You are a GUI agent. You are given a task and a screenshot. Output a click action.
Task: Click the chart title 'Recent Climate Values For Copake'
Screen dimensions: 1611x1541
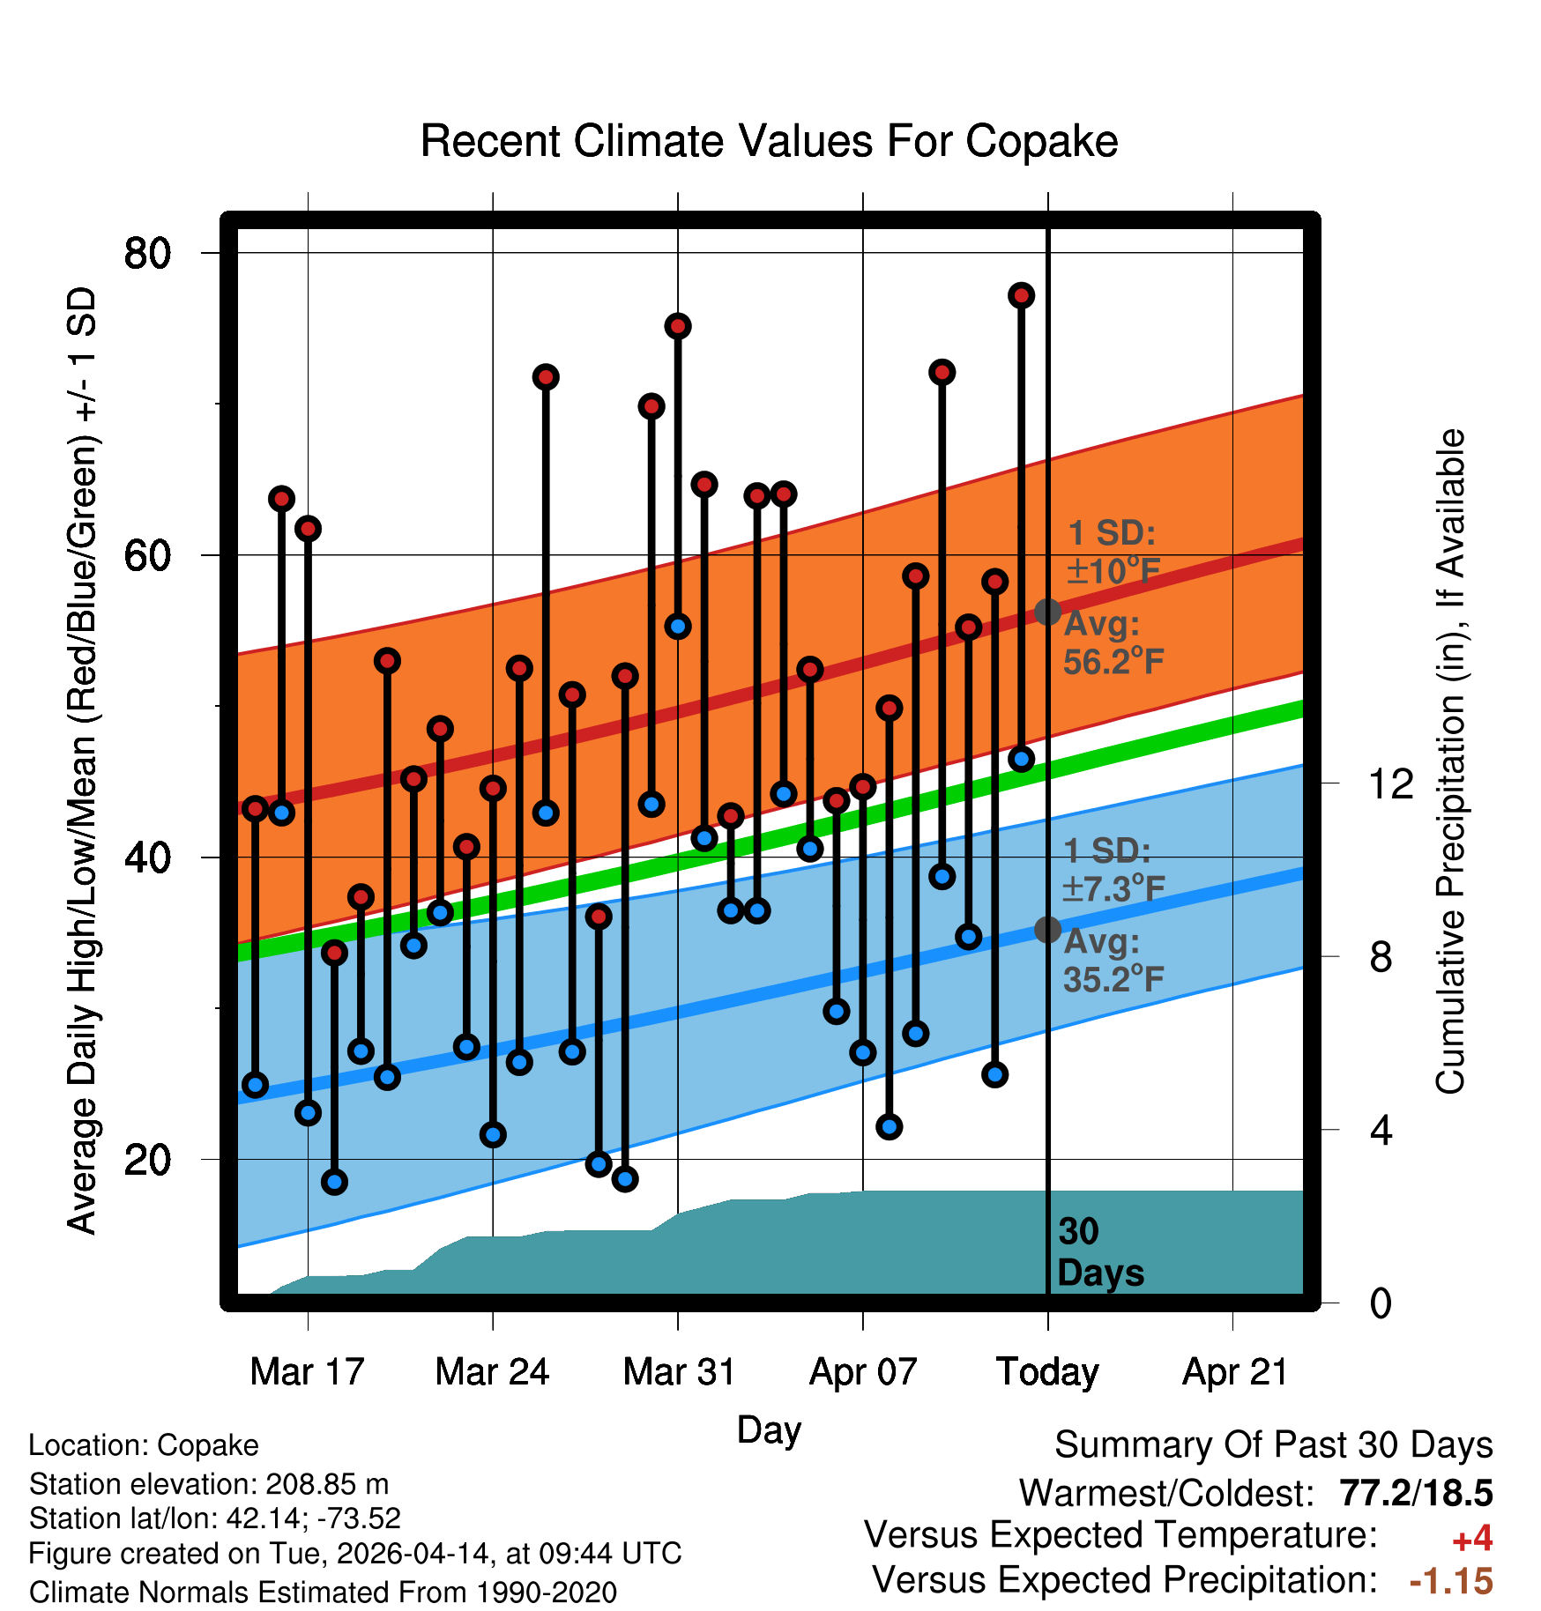tap(769, 141)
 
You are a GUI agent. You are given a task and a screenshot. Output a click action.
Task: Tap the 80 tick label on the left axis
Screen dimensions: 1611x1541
tap(147, 254)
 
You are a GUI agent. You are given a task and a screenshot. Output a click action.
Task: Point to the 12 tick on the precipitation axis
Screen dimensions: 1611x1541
tap(1390, 783)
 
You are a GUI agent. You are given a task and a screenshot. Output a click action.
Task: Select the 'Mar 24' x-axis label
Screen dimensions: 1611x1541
tap(492, 1372)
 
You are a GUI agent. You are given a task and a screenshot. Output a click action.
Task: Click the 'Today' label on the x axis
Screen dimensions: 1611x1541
tap(1047, 1372)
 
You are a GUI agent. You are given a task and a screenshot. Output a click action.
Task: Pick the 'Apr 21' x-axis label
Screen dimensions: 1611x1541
tap(1234, 1372)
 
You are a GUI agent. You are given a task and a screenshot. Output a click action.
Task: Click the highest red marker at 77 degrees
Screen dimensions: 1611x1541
tap(1021, 295)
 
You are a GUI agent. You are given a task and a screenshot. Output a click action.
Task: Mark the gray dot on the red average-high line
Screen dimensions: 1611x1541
tap(1047, 612)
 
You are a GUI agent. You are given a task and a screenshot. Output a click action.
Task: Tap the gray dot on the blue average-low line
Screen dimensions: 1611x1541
tap(1047, 929)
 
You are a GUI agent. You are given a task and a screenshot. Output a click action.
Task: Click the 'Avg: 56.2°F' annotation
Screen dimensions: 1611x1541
tap(1113, 642)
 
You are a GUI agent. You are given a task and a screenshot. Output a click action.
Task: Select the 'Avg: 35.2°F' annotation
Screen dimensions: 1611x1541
tap(1113, 961)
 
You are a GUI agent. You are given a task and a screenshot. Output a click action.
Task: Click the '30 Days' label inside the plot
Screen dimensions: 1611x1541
tap(1098, 1252)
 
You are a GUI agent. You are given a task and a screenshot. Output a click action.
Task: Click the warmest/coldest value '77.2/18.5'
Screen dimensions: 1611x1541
tap(1415, 1493)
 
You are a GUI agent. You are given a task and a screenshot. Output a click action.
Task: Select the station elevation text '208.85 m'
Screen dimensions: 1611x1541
tap(327, 1484)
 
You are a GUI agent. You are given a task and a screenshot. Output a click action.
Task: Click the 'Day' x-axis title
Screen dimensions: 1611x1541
tap(769, 1429)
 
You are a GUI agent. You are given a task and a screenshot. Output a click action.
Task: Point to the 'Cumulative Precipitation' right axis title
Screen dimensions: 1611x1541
tap(1450, 761)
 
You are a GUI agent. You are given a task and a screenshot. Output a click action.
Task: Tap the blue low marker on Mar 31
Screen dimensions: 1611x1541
tap(677, 627)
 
